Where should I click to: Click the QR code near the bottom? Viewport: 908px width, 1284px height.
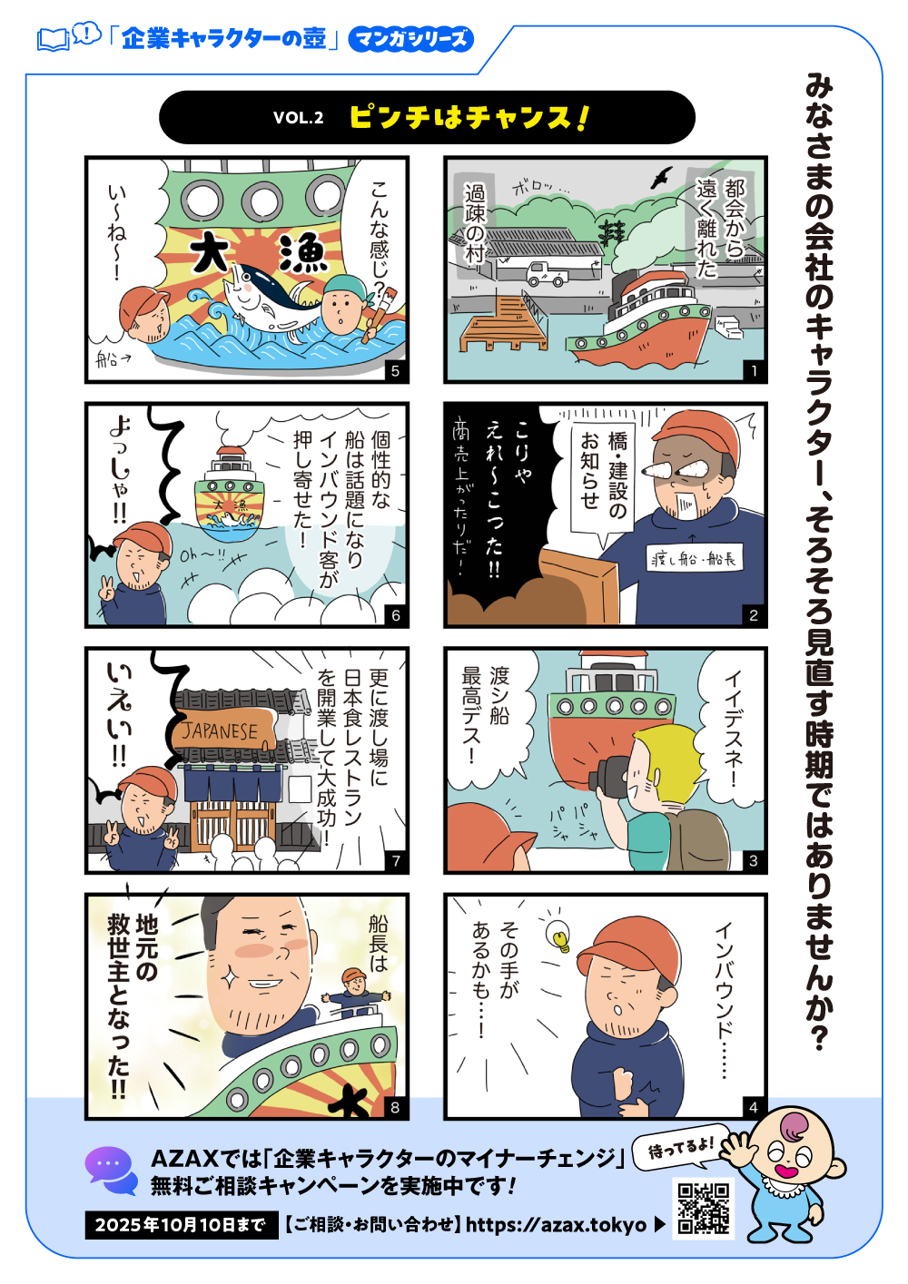coord(703,1208)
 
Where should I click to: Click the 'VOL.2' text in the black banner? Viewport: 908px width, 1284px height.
coord(298,118)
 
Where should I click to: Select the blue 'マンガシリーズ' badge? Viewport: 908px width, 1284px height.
coord(410,39)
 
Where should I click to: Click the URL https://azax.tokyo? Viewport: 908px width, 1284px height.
coord(556,1225)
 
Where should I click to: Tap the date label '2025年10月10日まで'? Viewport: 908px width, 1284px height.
coord(181,1225)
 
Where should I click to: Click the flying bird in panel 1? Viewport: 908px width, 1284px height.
coord(661,177)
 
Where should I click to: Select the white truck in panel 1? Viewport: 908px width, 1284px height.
coord(547,273)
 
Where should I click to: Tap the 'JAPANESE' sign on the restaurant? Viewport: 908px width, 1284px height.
coord(221,731)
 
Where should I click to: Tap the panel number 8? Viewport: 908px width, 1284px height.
coord(395,1107)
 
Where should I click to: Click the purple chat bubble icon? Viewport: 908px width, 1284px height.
coord(111,1169)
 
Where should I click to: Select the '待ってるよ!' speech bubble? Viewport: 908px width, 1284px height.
coord(680,1149)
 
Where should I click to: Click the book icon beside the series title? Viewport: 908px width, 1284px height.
coord(54,40)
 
